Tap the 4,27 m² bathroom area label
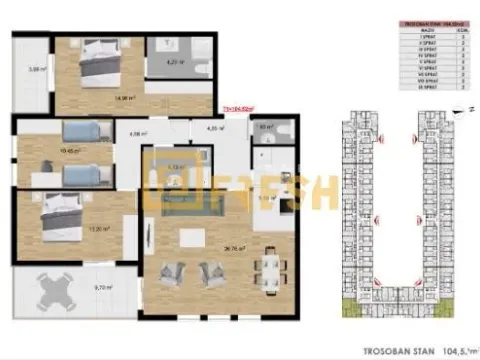coord(171,63)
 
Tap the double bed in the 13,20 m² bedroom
coord(60,209)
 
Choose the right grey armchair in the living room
coord(214,271)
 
